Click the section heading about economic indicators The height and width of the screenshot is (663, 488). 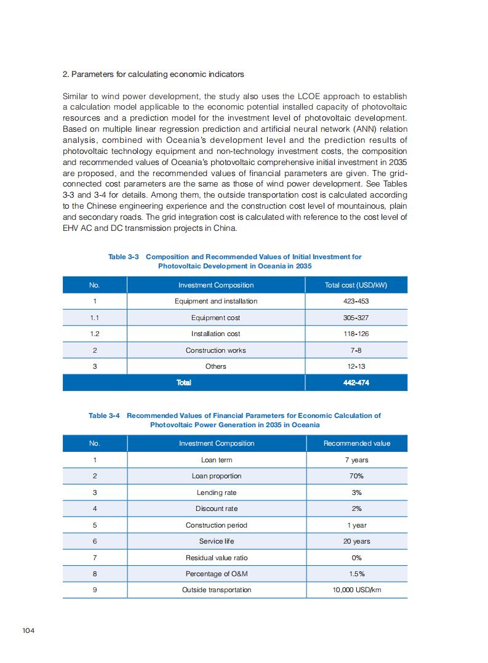click(153, 74)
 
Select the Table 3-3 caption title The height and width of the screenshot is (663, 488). click(234, 261)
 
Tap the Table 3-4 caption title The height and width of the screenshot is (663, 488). click(234, 420)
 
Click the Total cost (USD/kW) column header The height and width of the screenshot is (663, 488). click(356, 285)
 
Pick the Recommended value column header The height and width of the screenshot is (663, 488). click(356, 443)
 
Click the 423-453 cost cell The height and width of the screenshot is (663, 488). click(356, 301)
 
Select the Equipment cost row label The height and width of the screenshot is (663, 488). click(215, 318)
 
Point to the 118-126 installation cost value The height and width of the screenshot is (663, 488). click(356, 334)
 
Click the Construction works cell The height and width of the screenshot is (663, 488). click(215, 350)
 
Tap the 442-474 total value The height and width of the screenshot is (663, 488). click(356, 382)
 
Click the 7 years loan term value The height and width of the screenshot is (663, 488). click(356, 460)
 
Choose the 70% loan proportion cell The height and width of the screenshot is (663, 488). click(356, 476)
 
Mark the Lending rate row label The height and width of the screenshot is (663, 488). click(217, 492)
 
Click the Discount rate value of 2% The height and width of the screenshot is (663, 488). click(356, 508)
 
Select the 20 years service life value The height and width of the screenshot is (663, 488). click(356, 541)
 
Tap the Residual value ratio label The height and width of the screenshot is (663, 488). click(217, 558)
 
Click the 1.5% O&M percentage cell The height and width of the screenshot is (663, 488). click(356, 574)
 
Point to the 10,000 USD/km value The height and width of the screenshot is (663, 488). click(356, 590)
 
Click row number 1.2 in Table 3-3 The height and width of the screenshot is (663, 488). click(95, 334)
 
